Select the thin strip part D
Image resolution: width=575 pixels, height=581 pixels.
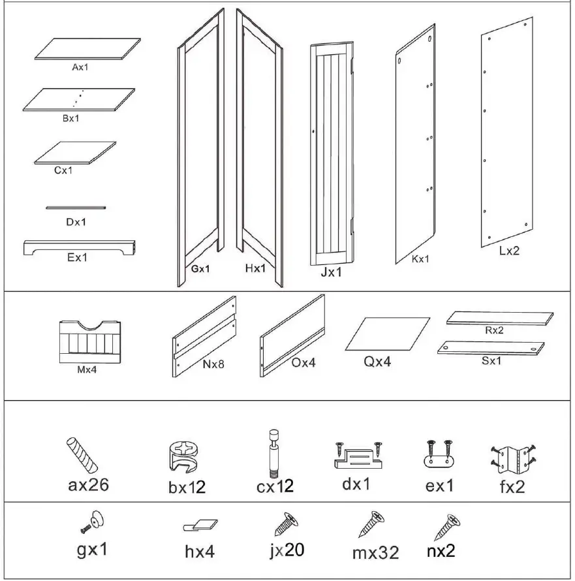[x=76, y=208]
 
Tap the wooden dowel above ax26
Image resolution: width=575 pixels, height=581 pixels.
[x=82, y=455]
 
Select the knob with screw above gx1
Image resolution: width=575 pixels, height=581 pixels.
[x=95, y=522]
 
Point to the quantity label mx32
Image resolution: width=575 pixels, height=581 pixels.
[x=375, y=552]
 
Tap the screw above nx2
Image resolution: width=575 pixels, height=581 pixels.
[x=448, y=525]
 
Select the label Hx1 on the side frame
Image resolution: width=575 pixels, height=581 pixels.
[x=255, y=268]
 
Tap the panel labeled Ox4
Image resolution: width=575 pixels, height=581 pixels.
[x=294, y=334]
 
